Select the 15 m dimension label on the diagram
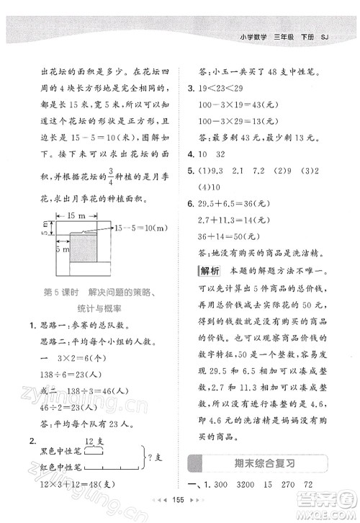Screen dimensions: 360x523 (76, 215)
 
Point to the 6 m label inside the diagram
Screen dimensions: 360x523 (63, 249)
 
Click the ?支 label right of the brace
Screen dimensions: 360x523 (155, 459)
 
